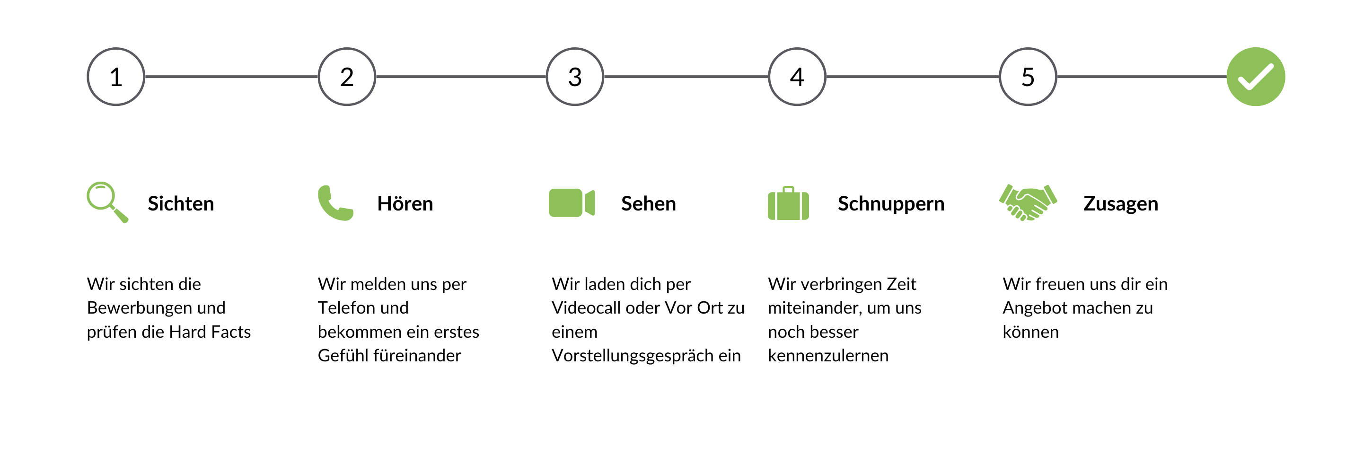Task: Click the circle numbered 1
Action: [x=116, y=77]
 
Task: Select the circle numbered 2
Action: [x=347, y=77]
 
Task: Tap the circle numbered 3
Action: [x=575, y=77]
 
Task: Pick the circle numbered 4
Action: [x=797, y=77]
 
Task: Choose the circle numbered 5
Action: [x=1028, y=77]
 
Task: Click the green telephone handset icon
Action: [x=335, y=203]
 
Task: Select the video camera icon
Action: [x=572, y=203]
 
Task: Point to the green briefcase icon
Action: [x=788, y=203]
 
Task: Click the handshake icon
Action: [x=1028, y=203]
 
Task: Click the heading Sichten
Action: [x=181, y=203]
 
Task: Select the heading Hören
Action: [x=405, y=203]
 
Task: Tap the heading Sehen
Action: [x=648, y=203]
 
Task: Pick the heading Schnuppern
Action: [x=890, y=203]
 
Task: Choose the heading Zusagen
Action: [x=1121, y=203]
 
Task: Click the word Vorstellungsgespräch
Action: [x=631, y=356]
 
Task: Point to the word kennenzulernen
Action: [x=827, y=356]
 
